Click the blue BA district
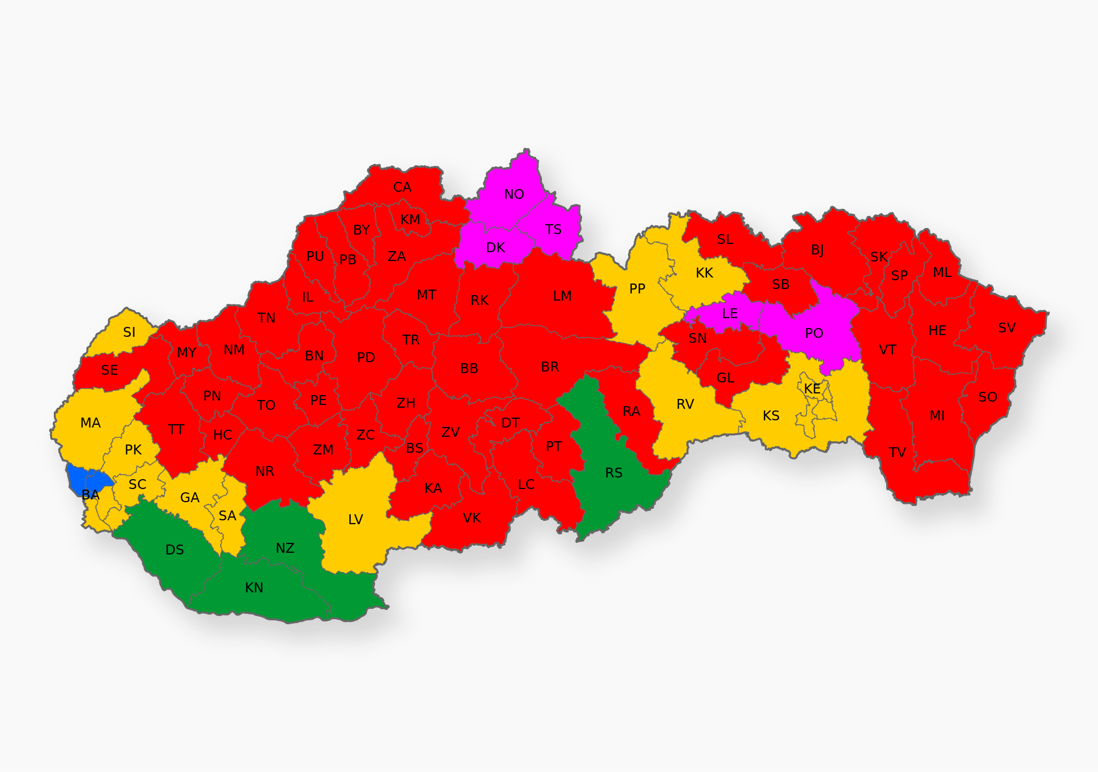[82, 477]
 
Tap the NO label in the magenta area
[514, 195]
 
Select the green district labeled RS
[613, 473]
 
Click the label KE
[812, 389]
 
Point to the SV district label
[1006, 328]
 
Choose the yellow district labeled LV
[356, 519]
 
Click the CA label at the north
[402, 187]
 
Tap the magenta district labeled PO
[814, 333]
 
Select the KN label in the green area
[254, 588]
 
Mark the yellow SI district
[129, 332]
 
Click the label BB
[469, 369]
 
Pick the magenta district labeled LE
[730, 314]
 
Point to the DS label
[175, 550]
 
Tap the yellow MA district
[91, 423]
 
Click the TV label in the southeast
[897, 453]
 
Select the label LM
[562, 297]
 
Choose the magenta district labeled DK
[495, 248]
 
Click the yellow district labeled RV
[685, 404]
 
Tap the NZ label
[285, 548]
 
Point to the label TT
[176, 429]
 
